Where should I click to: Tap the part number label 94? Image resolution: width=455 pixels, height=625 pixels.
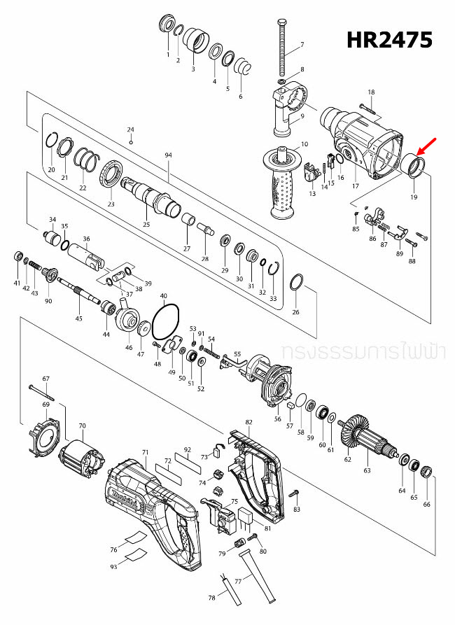168,154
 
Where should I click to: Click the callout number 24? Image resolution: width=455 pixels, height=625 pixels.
130,129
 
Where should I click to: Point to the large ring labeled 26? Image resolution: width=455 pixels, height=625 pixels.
295,283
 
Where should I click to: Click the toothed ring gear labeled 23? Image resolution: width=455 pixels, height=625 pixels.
111,174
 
